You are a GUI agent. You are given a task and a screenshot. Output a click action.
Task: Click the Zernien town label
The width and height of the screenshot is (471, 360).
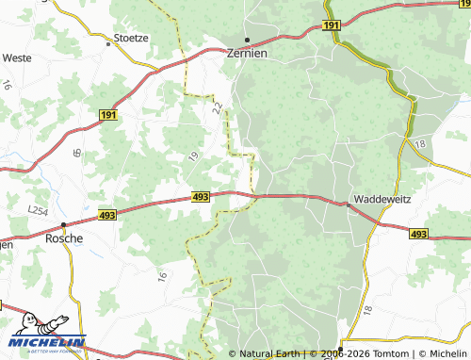248,54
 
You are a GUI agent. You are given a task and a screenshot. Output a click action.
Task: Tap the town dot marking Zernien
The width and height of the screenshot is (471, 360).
248,40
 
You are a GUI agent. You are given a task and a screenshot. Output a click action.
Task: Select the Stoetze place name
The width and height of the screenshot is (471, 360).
132,38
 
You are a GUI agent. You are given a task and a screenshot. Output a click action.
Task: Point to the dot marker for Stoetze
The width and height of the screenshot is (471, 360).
108,41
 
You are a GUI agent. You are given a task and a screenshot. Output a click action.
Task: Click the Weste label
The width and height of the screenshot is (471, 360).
17,57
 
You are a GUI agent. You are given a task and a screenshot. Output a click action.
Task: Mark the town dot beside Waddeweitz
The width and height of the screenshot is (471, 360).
349,204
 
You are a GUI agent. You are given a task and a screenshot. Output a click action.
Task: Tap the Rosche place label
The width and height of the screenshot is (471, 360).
64,238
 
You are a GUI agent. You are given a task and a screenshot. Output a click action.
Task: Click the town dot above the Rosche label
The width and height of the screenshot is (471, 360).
63,225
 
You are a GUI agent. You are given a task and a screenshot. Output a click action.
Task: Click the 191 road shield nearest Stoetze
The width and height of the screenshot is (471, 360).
106,113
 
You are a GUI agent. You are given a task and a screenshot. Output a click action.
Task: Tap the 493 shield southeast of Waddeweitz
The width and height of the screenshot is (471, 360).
419,233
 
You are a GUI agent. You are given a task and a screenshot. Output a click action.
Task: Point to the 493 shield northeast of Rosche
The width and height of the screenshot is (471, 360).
200,197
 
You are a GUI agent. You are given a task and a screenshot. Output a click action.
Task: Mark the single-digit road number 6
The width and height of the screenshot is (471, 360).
75,152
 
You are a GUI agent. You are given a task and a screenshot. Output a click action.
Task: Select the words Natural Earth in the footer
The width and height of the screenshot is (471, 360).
274,354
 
